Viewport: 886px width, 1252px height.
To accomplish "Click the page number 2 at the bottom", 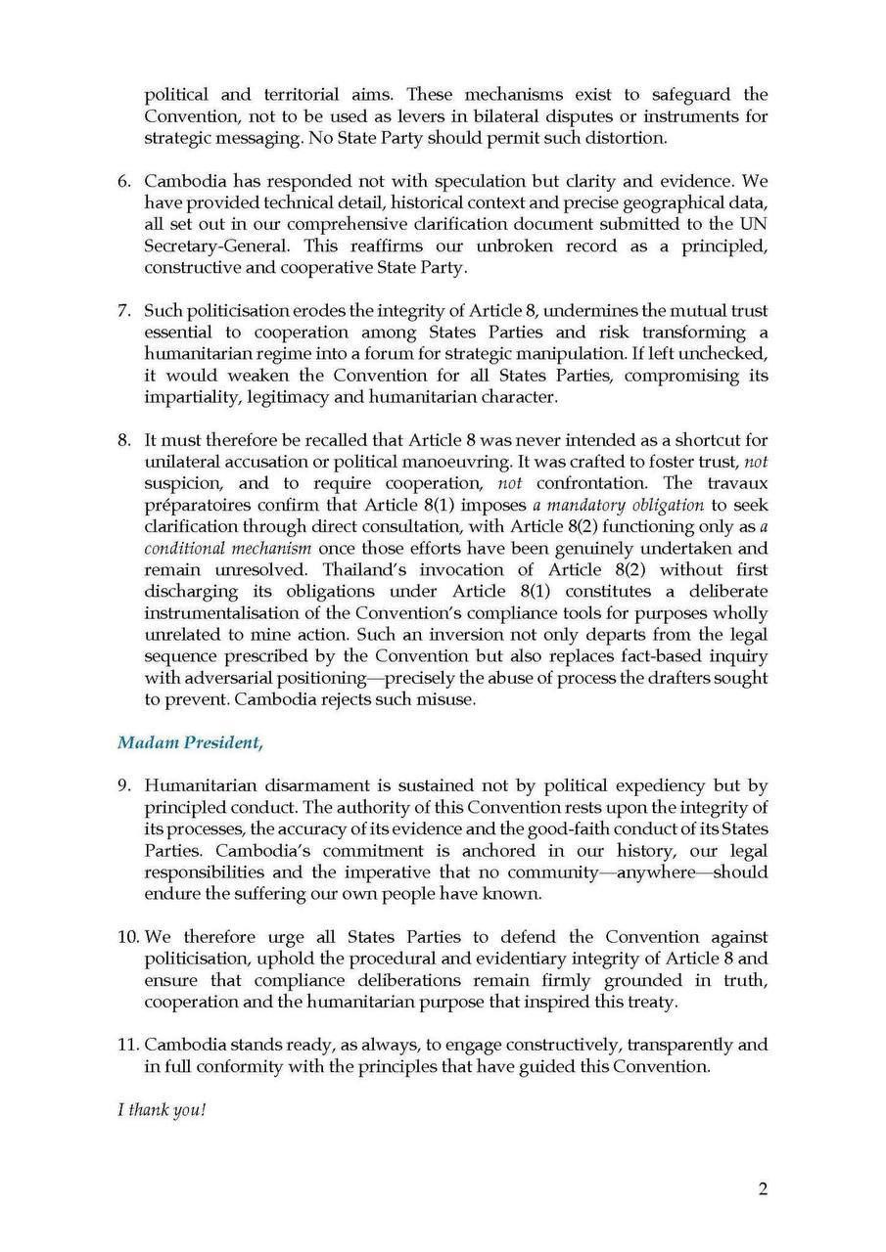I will pos(763,1189).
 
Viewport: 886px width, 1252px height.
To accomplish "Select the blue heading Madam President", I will pos(190,742).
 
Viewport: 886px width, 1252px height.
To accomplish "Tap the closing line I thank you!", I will pos(162,1112).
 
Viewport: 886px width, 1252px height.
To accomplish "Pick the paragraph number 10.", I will pos(128,937).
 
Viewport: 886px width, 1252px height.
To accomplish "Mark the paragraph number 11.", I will pos(128,1045).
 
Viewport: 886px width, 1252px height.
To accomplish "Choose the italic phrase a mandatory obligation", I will pos(618,506).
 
